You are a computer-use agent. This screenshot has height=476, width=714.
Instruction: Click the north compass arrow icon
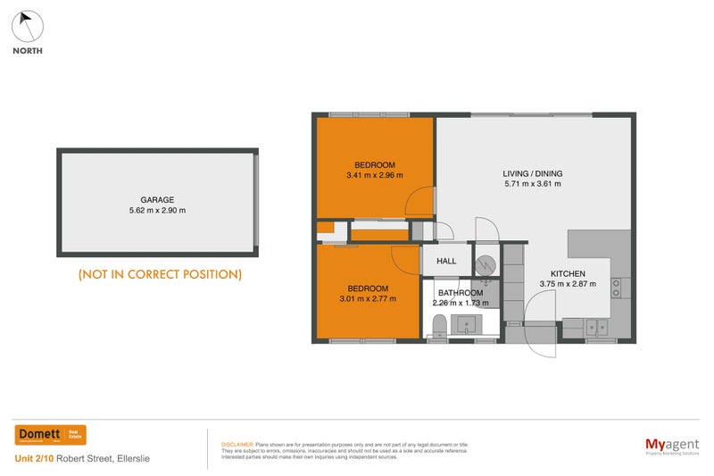[x=27, y=25]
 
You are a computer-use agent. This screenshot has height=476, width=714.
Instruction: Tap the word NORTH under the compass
[x=27, y=51]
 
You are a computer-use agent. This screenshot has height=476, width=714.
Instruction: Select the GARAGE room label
[x=156, y=200]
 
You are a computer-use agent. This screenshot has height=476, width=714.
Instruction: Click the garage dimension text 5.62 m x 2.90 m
[x=156, y=211]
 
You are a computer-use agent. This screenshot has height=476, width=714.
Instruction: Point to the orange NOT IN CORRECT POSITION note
[x=160, y=274]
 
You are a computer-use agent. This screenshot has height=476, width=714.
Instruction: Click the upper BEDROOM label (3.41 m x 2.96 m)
[x=374, y=165]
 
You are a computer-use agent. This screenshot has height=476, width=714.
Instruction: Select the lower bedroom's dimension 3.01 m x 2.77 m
[x=367, y=299]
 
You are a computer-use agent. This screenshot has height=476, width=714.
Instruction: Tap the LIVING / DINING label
[x=534, y=173]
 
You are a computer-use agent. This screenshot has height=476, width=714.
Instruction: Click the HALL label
[x=446, y=262]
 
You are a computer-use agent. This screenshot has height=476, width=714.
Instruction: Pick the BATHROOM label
[x=461, y=293]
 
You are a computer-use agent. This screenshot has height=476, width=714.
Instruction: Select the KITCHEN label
[x=568, y=273]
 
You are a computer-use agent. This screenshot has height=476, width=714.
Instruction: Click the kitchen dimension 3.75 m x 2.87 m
[x=568, y=284]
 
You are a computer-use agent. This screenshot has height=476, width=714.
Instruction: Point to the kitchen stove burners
[x=616, y=288]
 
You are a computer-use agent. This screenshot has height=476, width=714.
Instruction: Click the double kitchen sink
[x=596, y=328]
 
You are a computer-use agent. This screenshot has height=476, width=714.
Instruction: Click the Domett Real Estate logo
[x=51, y=435]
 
